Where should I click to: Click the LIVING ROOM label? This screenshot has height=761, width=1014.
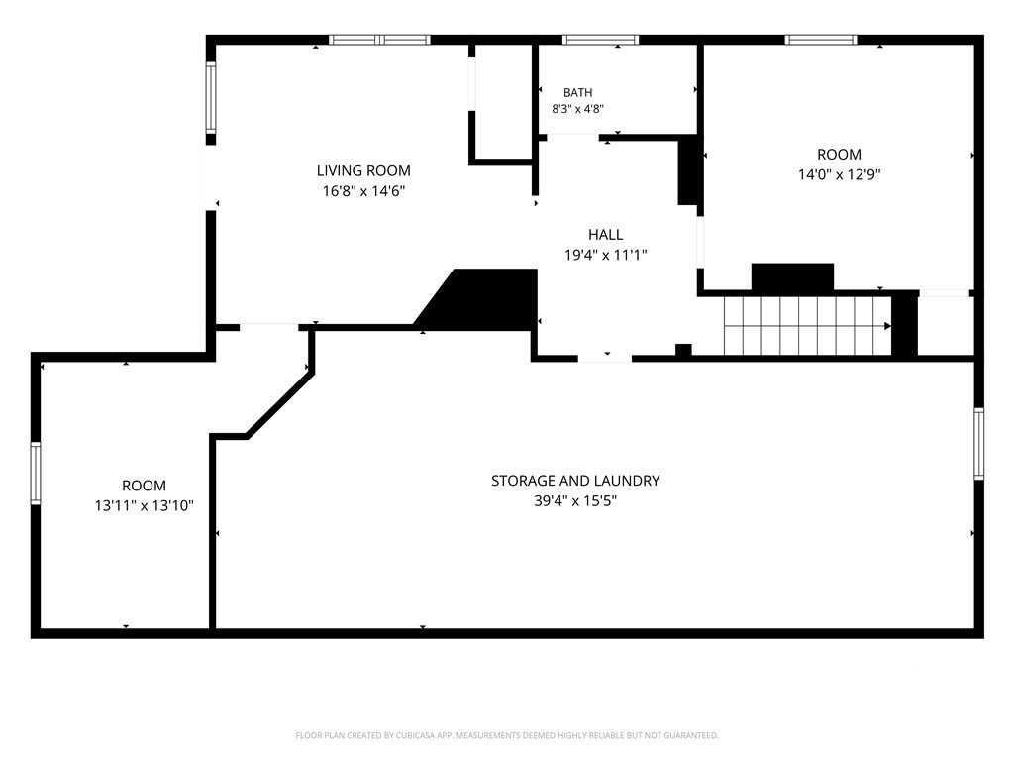363,170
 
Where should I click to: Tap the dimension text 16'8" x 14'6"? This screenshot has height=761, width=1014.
363,191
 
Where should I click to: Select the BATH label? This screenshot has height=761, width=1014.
577,93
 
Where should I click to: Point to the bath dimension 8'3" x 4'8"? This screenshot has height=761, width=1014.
577,109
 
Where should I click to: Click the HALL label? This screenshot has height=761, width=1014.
606,234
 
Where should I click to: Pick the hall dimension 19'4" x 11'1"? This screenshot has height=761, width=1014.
606,255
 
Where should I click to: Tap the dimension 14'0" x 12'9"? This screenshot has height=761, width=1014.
840,174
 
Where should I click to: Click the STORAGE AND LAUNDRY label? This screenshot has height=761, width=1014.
575,481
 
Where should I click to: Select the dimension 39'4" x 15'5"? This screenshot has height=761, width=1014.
575,500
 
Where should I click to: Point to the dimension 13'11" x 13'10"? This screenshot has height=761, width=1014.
145,506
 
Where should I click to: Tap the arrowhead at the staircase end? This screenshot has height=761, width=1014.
888,326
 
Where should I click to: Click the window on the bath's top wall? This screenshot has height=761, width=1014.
601,40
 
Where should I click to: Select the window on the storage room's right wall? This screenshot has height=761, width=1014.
979,444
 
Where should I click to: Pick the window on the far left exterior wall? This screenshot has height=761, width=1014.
36,473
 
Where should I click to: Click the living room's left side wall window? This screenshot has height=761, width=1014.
211,98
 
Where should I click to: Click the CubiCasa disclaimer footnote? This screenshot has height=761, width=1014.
507,736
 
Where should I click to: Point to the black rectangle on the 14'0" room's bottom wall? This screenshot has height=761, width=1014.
792,277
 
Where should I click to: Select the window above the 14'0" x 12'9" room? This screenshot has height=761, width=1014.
821,40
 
